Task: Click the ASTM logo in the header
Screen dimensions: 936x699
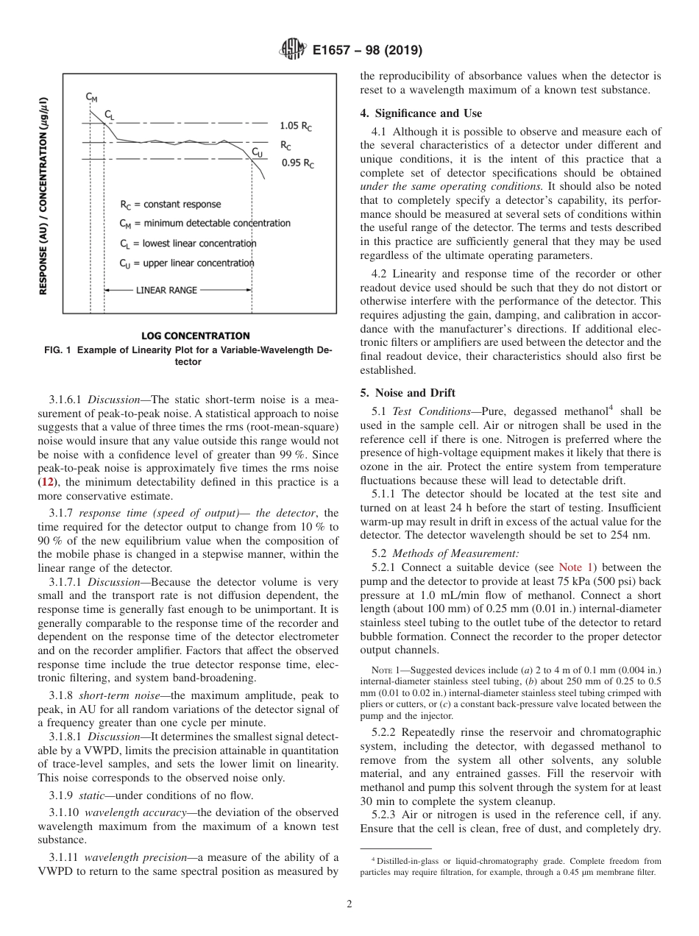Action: pyautogui.click(x=292, y=51)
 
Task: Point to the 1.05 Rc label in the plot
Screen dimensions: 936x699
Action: pyautogui.click(x=296, y=126)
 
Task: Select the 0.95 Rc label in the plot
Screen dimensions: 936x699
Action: pyautogui.click(x=297, y=163)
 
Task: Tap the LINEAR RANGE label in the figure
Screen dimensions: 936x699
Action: pyautogui.click(x=166, y=290)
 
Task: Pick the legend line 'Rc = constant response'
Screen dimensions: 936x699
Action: pyautogui.click(x=170, y=204)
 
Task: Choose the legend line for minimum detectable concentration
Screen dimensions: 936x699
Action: pyautogui.click(x=205, y=223)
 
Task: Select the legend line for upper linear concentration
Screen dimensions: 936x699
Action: pyautogui.click(x=187, y=263)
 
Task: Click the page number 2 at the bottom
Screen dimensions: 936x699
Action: pyautogui.click(x=349, y=904)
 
